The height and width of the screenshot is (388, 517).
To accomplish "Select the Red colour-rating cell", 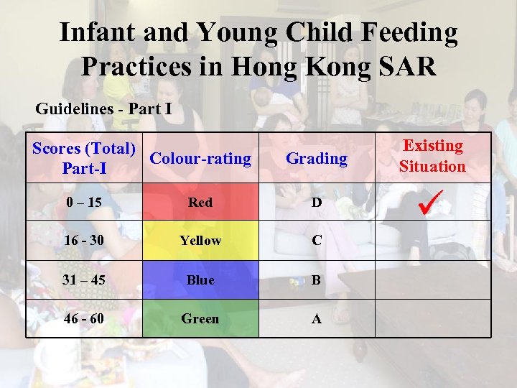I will coord(200,203).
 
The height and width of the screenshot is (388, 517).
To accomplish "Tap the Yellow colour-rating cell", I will coord(200,241).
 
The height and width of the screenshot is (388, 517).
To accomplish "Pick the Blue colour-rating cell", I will coord(200,280).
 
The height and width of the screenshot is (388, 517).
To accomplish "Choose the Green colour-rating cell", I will coord(200,318).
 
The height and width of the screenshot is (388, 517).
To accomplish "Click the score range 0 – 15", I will coord(83,203).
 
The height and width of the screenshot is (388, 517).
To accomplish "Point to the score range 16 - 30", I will coord(83,241).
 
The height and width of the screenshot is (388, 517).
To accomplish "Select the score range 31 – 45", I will coord(83,280).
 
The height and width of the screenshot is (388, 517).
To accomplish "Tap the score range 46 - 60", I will coord(83,318).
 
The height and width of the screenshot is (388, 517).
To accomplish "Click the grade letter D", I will coord(316,203).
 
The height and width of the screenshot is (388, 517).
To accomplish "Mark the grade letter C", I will coord(316,241).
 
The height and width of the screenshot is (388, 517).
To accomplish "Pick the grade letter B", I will coord(316,280).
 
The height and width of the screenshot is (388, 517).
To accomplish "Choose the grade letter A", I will coord(316,318).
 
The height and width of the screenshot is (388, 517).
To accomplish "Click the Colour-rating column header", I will coord(201,158).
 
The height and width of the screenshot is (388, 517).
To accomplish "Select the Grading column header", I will coord(316,158).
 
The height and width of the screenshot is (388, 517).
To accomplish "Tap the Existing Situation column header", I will coord(432,156).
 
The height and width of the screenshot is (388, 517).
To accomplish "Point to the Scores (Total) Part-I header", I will coord(84,159).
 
